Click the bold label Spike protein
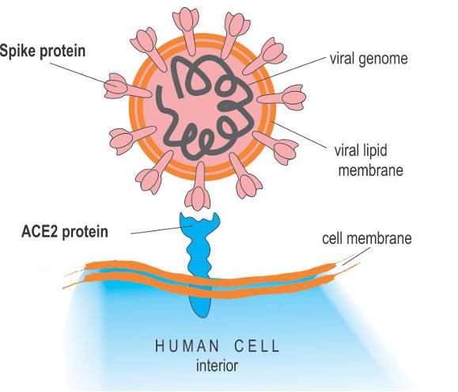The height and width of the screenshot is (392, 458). point(43,51)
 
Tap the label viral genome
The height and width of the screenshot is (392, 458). point(369,59)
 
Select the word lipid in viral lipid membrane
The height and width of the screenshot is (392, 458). point(374,150)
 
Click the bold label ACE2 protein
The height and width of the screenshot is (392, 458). point(65,232)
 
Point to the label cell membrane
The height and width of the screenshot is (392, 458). point(367,238)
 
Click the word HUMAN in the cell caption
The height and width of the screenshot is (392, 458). point(187,346)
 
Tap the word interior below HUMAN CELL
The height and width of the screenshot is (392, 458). point(217,366)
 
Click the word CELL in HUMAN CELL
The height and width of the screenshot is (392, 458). point(257,346)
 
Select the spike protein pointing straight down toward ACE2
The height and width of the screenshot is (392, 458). point(199,186)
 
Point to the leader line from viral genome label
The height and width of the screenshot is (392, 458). point(287,70)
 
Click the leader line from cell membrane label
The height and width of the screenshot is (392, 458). point(356,256)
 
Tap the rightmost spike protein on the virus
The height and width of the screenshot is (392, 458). point(282,97)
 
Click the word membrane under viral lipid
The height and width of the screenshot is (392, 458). point(371,170)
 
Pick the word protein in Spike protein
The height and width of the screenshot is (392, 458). point(62,51)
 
